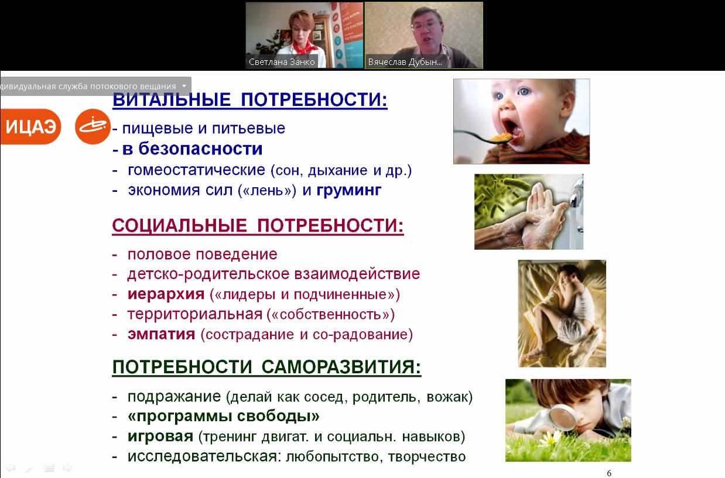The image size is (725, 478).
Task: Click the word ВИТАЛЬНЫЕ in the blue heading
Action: click(172, 99)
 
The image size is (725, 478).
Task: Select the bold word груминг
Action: click(349, 191)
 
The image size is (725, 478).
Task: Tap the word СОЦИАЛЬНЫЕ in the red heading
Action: click(180, 225)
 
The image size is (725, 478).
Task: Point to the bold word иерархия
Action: click(166, 294)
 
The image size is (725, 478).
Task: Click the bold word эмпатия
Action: click(161, 334)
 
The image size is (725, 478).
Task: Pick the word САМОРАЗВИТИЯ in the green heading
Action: click(341, 367)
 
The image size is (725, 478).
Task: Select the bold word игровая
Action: click(160, 436)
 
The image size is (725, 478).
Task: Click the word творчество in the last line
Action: click(427, 457)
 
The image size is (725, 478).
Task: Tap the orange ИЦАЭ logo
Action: click(30, 126)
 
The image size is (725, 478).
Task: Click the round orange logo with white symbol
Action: click(93, 126)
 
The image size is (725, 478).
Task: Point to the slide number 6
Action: click(609, 473)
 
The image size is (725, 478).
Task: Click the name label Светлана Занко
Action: click(282, 62)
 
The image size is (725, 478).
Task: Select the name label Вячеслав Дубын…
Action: click(405, 62)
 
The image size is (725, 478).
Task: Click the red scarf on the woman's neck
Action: click(303, 49)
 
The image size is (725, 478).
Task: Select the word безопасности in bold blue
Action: click(200, 149)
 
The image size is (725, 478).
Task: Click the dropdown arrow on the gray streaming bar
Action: click(184, 86)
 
